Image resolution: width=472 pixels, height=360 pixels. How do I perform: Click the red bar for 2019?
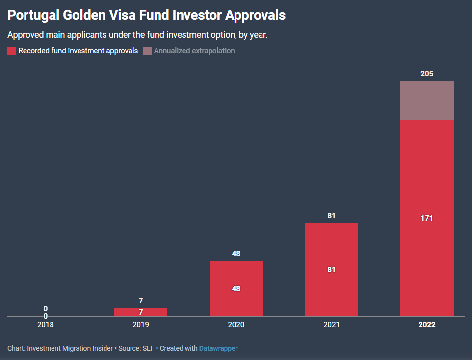(141, 312)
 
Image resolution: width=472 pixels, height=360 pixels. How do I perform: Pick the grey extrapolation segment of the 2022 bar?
(427, 100)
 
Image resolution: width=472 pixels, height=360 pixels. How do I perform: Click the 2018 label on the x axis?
(45, 325)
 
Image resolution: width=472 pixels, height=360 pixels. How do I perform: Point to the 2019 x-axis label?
(141, 325)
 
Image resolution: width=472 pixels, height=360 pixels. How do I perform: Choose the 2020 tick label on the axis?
(236, 325)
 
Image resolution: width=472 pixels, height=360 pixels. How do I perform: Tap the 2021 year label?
(332, 325)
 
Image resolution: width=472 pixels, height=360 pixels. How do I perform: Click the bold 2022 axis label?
(427, 325)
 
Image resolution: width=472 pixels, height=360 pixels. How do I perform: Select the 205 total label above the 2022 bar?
(427, 74)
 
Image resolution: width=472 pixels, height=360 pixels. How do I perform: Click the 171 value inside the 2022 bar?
(427, 218)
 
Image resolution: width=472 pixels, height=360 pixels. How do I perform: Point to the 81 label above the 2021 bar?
(332, 216)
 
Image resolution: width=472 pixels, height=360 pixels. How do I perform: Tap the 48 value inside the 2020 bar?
(236, 289)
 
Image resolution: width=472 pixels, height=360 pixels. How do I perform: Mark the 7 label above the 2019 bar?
(141, 301)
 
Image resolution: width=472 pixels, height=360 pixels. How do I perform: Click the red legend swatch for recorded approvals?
(12, 51)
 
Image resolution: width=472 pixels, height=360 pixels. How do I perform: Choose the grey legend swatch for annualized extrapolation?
(147, 51)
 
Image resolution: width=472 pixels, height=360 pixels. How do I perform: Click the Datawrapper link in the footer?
(218, 348)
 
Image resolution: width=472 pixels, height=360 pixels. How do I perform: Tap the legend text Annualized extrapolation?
(194, 51)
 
